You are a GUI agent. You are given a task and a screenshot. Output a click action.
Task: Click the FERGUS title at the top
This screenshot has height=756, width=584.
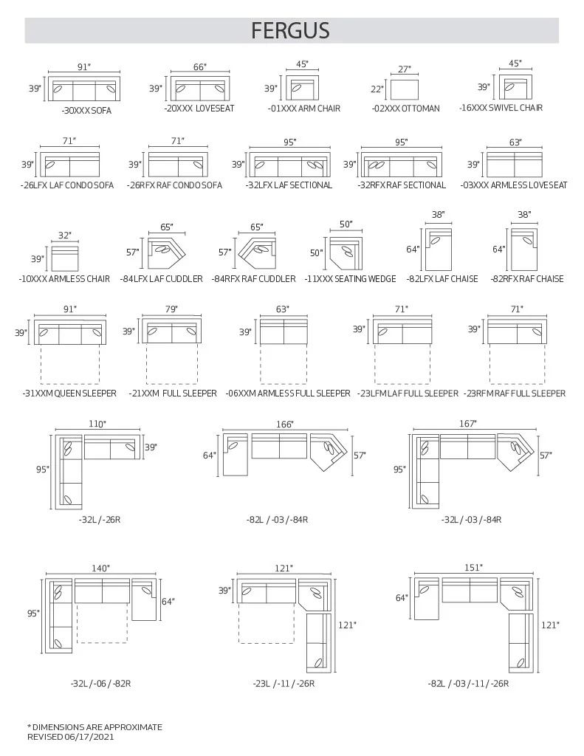[x=290, y=30]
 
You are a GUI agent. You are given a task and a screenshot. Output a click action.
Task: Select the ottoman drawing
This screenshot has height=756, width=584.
[x=404, y=89]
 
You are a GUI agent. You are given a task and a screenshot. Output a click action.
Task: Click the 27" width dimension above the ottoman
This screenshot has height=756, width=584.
[x=404, y=69]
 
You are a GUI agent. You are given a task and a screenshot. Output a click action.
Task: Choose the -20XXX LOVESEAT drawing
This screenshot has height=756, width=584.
[x=200, y=89]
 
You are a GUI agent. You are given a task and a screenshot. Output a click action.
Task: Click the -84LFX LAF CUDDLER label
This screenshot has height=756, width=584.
[x=161, y=279]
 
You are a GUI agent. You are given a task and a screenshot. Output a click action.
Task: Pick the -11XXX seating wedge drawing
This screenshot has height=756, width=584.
[x=346, y=253]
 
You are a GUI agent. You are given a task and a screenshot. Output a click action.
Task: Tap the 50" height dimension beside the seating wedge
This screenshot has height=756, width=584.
[x=317, y=253]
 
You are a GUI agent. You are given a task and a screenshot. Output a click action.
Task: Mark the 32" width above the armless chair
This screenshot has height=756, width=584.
[x=65, y=236]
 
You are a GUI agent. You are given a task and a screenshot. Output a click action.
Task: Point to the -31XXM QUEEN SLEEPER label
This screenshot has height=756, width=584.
[x=69, y=394]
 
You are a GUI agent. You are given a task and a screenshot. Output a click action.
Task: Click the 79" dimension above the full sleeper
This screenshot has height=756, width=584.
[x=172, y=309]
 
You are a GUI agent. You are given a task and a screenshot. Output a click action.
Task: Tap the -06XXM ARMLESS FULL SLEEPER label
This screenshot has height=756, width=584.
[x=288, y=394]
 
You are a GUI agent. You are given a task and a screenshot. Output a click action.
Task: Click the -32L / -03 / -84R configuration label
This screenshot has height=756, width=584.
[x=471, y=520]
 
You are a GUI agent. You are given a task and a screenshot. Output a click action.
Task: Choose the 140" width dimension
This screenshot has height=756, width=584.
[x=101, y=568]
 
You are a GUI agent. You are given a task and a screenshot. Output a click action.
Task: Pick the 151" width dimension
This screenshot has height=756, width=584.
[x=473, y=568]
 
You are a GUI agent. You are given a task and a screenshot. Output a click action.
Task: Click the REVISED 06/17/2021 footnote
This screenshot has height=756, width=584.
[x=71, y=737]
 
